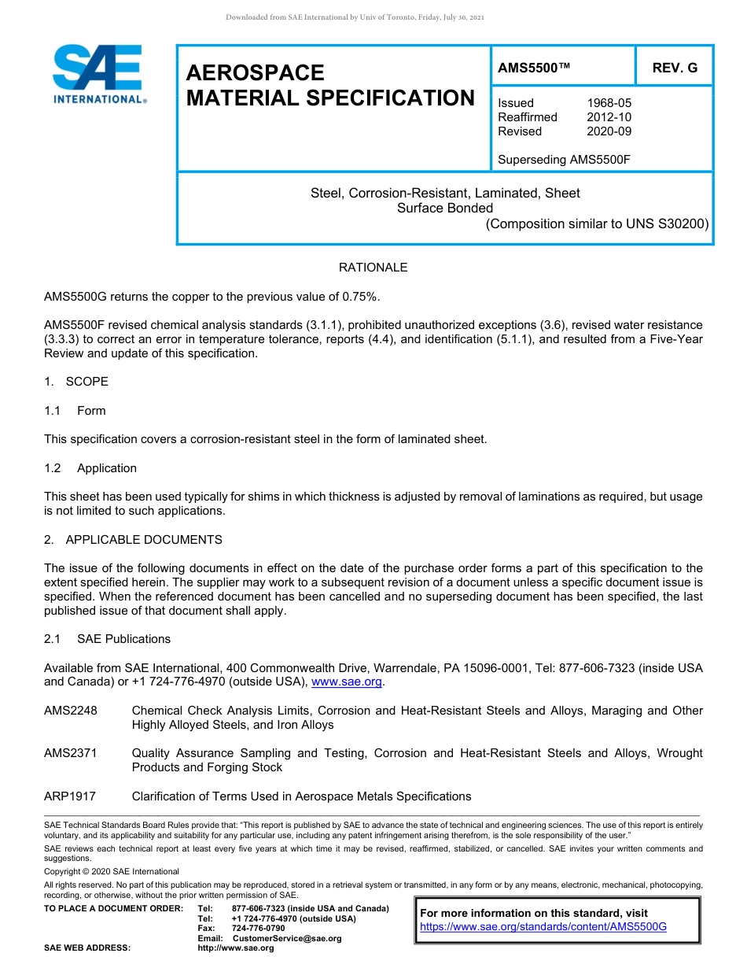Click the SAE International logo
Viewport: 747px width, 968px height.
click(x=98, y=74)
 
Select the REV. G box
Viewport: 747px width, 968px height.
click(x=675, y=68)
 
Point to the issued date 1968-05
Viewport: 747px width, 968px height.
click(x=609, y=103)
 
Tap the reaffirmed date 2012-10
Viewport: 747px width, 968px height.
click(x=609, y=117)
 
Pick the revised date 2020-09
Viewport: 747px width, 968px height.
click(x=609, y=131)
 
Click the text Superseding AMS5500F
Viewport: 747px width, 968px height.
click(x=565, y=160)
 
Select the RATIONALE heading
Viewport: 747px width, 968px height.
click(x=373, y=268)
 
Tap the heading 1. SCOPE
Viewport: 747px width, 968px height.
click(x=76, y=382)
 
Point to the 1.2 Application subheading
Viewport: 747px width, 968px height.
click(x=90, y=468)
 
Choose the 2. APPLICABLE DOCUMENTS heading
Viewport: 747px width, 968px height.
click(x=134, y=540)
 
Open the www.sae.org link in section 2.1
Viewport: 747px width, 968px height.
click(x=347, y=682)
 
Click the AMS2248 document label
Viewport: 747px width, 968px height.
click(x=71, y=711)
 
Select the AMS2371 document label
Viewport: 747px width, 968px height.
click(x=71, y=753)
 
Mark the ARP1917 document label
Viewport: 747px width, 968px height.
click(x=70, y=796)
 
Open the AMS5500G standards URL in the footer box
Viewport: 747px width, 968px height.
click(x=543, y=927)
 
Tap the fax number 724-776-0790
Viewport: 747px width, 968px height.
click(x=258, y=929)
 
